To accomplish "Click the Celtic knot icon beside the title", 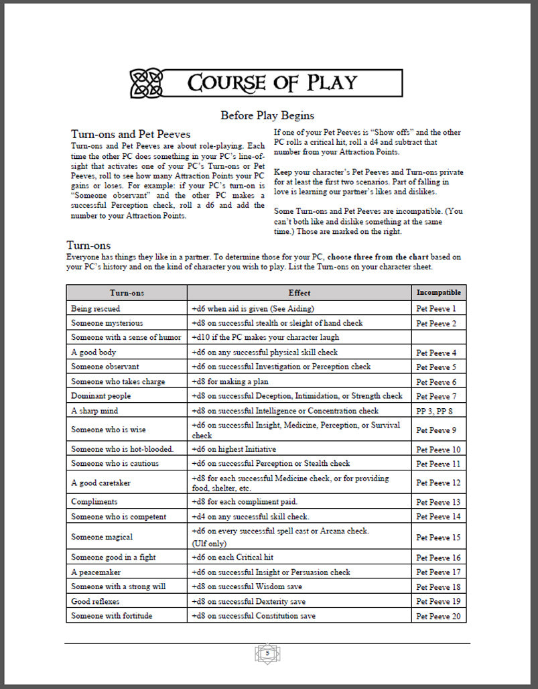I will point(147,83).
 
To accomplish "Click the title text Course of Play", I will point(272,83).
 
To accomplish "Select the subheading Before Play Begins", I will point(267,115).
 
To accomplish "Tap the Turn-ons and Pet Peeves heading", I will point(131,134).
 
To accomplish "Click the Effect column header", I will point(299,293).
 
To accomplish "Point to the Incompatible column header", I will point(438,293).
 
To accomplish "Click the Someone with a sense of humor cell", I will point(126,338).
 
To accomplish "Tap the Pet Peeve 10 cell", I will point(438,450).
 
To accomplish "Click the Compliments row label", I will point(94,502).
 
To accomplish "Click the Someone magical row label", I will point(102,537).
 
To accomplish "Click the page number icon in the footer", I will point(267,653).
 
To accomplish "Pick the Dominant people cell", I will point(101,396).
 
